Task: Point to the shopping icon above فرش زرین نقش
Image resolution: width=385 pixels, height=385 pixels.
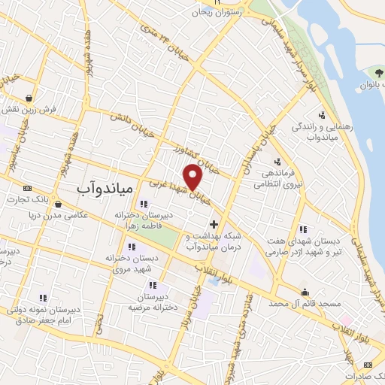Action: point(29,98)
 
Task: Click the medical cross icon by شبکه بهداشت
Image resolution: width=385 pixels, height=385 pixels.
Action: point(214,224)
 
